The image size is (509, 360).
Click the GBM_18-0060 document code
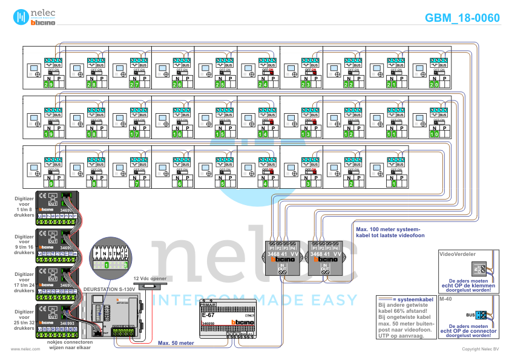[462, 18]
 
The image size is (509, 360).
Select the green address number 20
[435, 84]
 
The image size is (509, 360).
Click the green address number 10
[435, 134]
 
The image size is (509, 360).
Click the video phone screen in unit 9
[32, 168]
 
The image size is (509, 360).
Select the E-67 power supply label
[209, 315]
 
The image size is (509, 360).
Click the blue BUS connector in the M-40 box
[481, 315]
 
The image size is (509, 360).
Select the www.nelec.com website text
[21, 349]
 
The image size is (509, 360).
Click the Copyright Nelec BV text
[479, 349]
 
